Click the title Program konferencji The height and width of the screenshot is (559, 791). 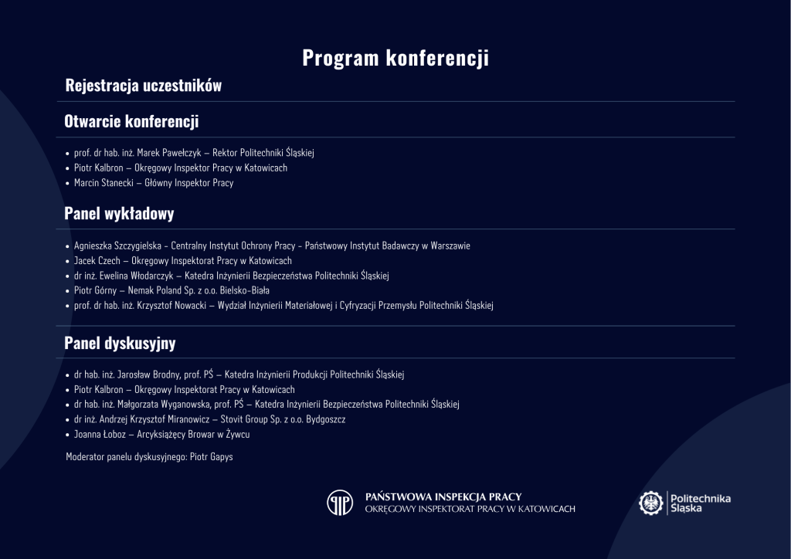(395, 58)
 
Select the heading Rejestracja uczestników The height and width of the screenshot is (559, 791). (143, 86)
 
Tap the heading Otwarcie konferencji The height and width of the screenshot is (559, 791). (131, 122)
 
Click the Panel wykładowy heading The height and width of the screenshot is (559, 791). (119, 214)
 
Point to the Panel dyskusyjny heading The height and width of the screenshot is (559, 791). (120, 343)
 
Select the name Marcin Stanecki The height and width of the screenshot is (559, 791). (100, 183)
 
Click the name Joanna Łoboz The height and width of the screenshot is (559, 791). (99, 435)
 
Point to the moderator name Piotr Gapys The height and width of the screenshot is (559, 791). (211, 457)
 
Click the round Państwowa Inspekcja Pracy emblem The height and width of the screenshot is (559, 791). (340, 503)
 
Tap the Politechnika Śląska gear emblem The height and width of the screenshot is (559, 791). (651, 503)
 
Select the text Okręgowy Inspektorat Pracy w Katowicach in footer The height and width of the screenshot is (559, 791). (470, 510)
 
